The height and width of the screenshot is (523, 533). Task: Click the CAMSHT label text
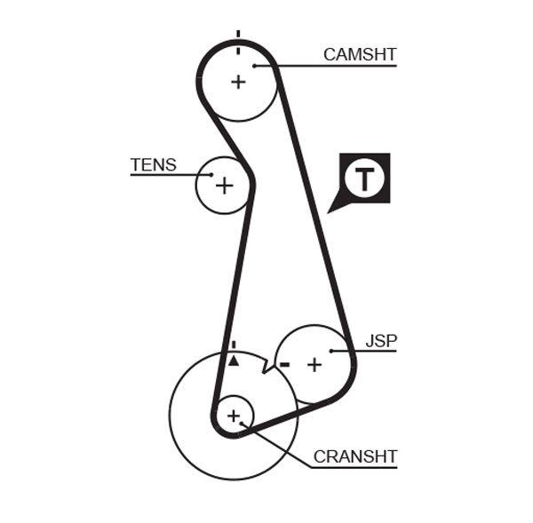(360, 54)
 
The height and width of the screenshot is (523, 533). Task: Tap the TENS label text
(153, 164)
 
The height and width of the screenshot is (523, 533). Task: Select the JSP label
(381, 340)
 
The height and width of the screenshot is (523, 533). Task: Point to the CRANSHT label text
(355, 457)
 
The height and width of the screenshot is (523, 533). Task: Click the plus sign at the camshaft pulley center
(238, 82)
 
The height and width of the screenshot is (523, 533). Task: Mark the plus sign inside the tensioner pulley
(225, 186)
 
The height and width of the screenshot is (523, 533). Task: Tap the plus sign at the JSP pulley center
(314, 364)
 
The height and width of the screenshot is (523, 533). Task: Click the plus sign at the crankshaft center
(234, 415)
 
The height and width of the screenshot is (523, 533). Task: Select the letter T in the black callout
(365, 178)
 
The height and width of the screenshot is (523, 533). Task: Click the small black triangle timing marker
(234, 361)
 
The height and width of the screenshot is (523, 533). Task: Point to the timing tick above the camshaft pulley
(238, 36)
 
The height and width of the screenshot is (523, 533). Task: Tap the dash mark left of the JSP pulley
(284, 364)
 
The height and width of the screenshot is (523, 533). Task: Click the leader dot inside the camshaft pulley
(255, 65)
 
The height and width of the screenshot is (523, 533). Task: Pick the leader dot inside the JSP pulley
(331, 352)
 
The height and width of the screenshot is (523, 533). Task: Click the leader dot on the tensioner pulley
(210, 175)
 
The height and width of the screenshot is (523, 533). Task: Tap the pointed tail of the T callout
(331, 210)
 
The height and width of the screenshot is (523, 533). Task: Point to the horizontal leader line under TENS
(164, 175)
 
